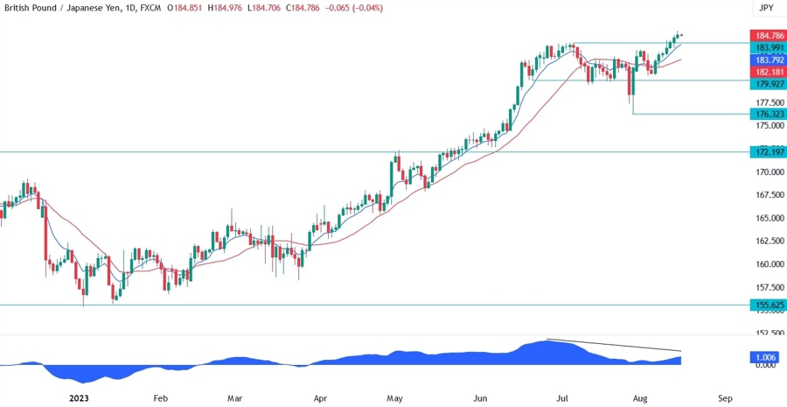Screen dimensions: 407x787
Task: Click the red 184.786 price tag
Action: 767,35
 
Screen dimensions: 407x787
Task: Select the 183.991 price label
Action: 767,47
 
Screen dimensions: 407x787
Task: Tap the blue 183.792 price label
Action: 767,60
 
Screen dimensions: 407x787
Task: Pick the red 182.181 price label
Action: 767,71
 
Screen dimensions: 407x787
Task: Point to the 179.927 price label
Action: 767,84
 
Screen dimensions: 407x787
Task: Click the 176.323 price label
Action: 767,114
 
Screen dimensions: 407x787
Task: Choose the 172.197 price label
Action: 767,151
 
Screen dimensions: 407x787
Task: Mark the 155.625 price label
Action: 767,305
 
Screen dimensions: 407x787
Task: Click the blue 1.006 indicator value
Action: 766,358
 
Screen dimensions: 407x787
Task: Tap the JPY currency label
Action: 766,8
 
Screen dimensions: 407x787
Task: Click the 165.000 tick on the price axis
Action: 767,218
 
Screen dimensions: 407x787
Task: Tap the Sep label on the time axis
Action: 725,397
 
